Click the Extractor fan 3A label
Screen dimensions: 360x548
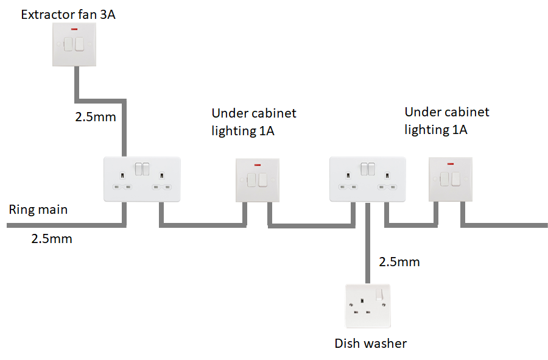pyautogui.click(x=68, y=14)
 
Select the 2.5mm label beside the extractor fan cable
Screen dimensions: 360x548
pyautogui.click(x=96, y=116)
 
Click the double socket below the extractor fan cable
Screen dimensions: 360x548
pyautogui.click(x=142, y=178)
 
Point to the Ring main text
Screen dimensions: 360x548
pyautogui.click(x=38, y=210)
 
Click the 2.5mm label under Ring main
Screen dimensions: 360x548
pyautogui.click(x=52, y=239)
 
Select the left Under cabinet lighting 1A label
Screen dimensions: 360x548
pyautogui.click(x=254, y=122)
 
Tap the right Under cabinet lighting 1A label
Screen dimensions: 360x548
pyautogui.click(x=447, y=121)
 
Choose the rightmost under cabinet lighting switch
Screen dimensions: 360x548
pyautogui.click(x=450, y=179)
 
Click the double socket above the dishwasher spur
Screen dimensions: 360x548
pyautogui.click(x=367, y=178)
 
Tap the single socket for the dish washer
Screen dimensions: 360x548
pyautogui.click(x=368, y=306)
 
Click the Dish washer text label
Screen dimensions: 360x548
pyautogui.click(x=370, y=344)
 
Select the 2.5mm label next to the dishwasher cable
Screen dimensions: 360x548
pyautogui.click(x=399, y=263)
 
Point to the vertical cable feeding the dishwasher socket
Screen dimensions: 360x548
pyautogui.click(x=368, y=244)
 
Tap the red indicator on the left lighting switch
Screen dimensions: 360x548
pyautogui.click(x=257, y=164)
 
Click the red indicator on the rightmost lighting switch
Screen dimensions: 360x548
pyautogui.click(x=450, y=164)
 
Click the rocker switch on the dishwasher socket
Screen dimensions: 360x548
pyautogui.click(x=382, y=294)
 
